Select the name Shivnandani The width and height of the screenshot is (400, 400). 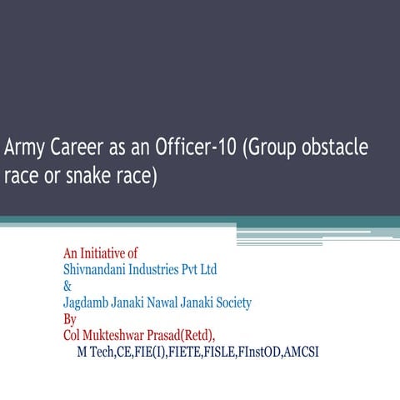98,269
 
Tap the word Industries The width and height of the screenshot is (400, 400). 166,269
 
